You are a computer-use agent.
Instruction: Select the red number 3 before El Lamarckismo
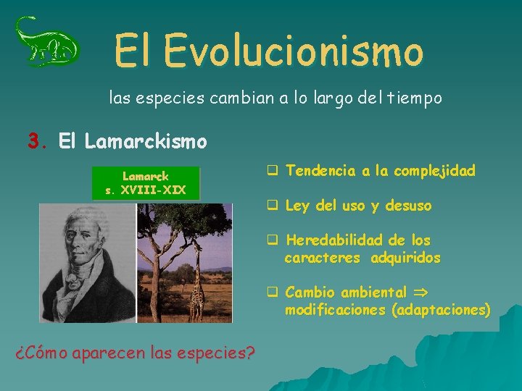33,140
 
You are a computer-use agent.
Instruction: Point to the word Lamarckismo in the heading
146,140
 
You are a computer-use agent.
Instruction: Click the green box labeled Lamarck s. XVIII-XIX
145,183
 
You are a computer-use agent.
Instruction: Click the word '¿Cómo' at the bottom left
39,353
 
